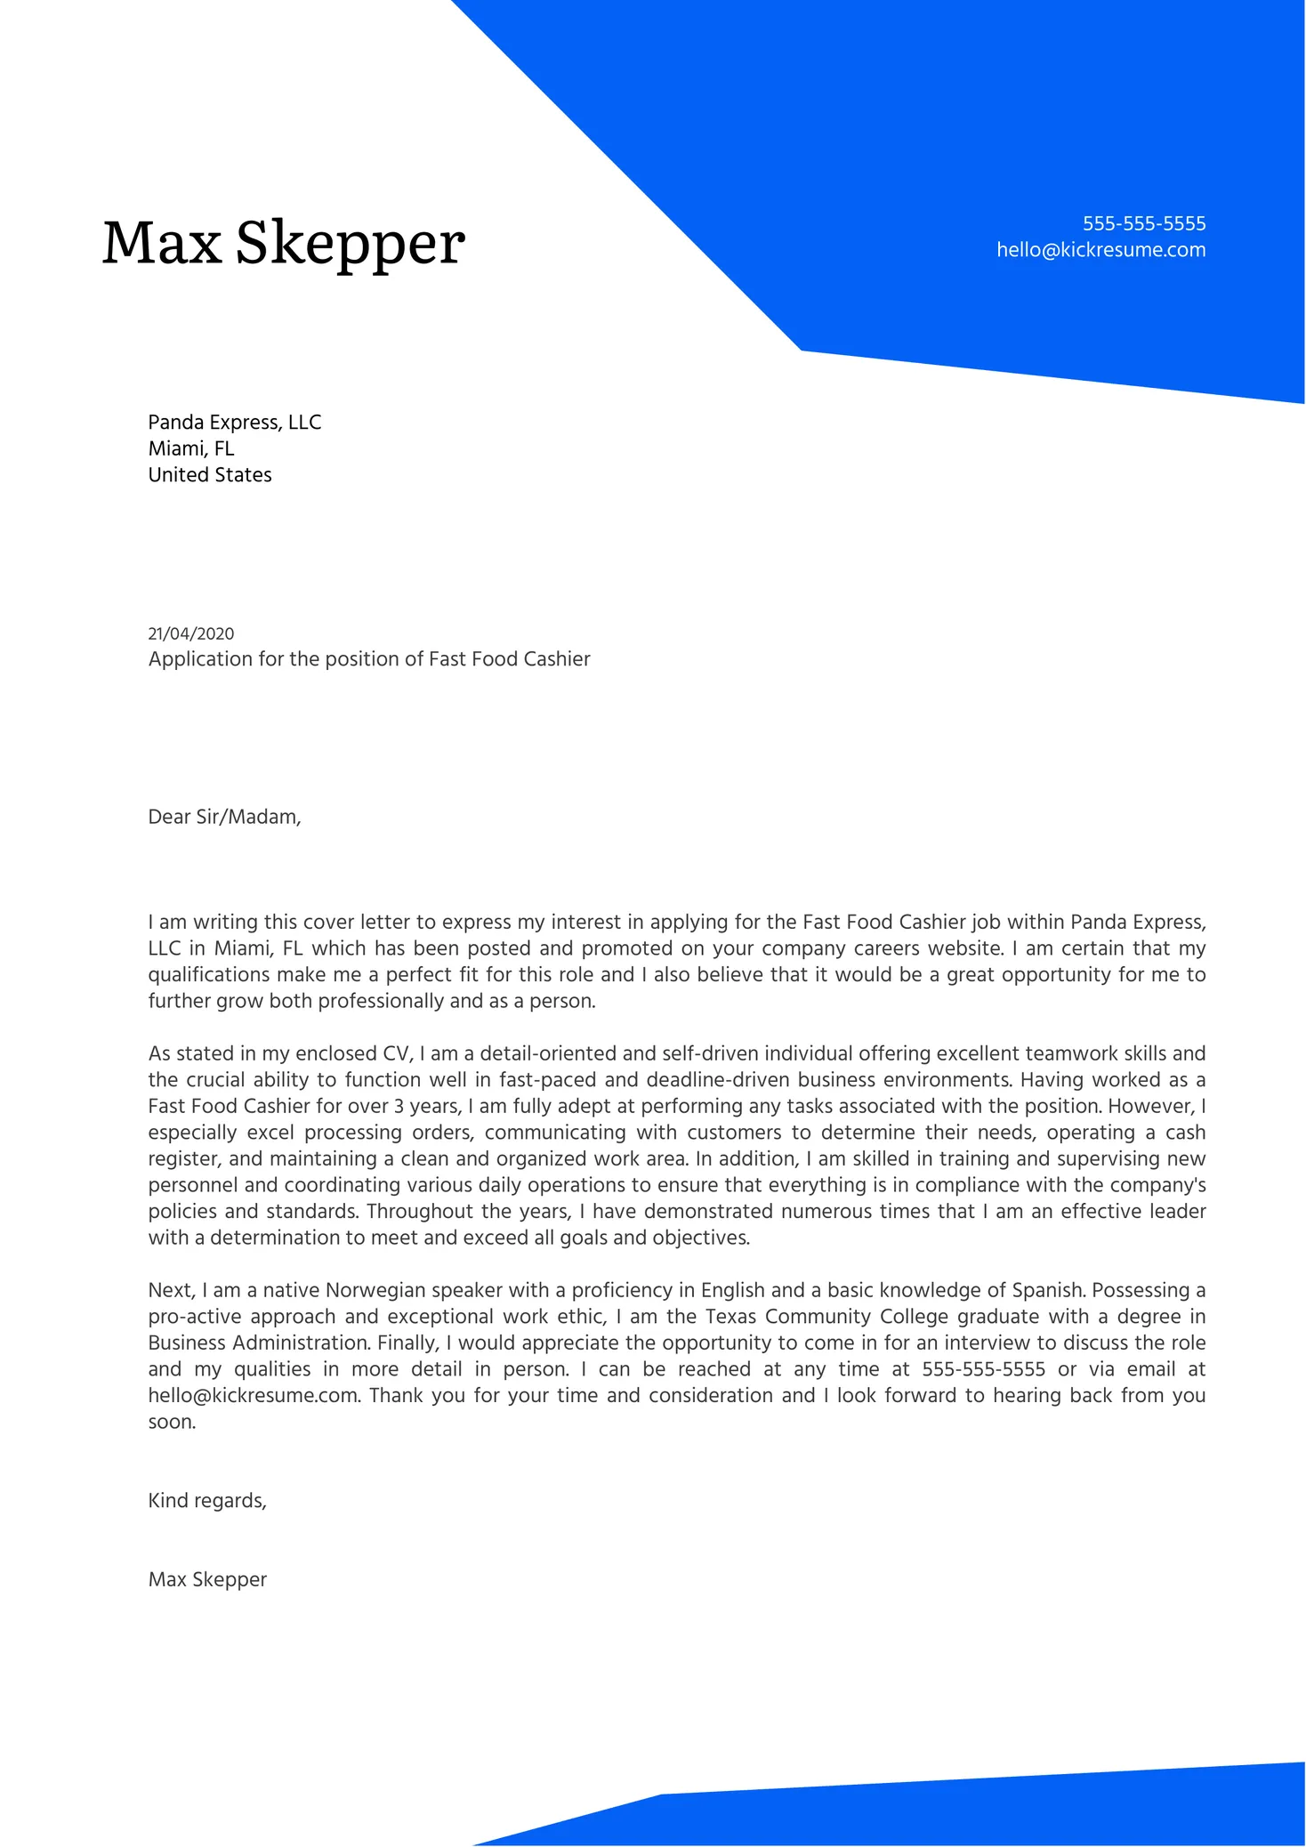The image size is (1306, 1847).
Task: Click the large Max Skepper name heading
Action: tap(283, 243)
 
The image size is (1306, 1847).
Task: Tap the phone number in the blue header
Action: tap(1143, 223)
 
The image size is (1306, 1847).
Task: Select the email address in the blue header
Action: tap(1100, 250)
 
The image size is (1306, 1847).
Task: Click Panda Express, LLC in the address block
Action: tap(234, 422)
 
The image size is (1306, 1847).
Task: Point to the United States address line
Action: tap(210, 475)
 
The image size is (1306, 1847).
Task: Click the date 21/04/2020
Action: tap(191, 633)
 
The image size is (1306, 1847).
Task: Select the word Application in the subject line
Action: tap(200, 659)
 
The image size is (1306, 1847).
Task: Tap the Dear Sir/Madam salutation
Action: tap(224, 817)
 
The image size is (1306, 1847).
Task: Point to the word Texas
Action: tap(730, 1317)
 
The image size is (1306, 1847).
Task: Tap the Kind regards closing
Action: tap(207, 1501)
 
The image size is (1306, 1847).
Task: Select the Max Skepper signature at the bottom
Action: tap(207, 1579)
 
